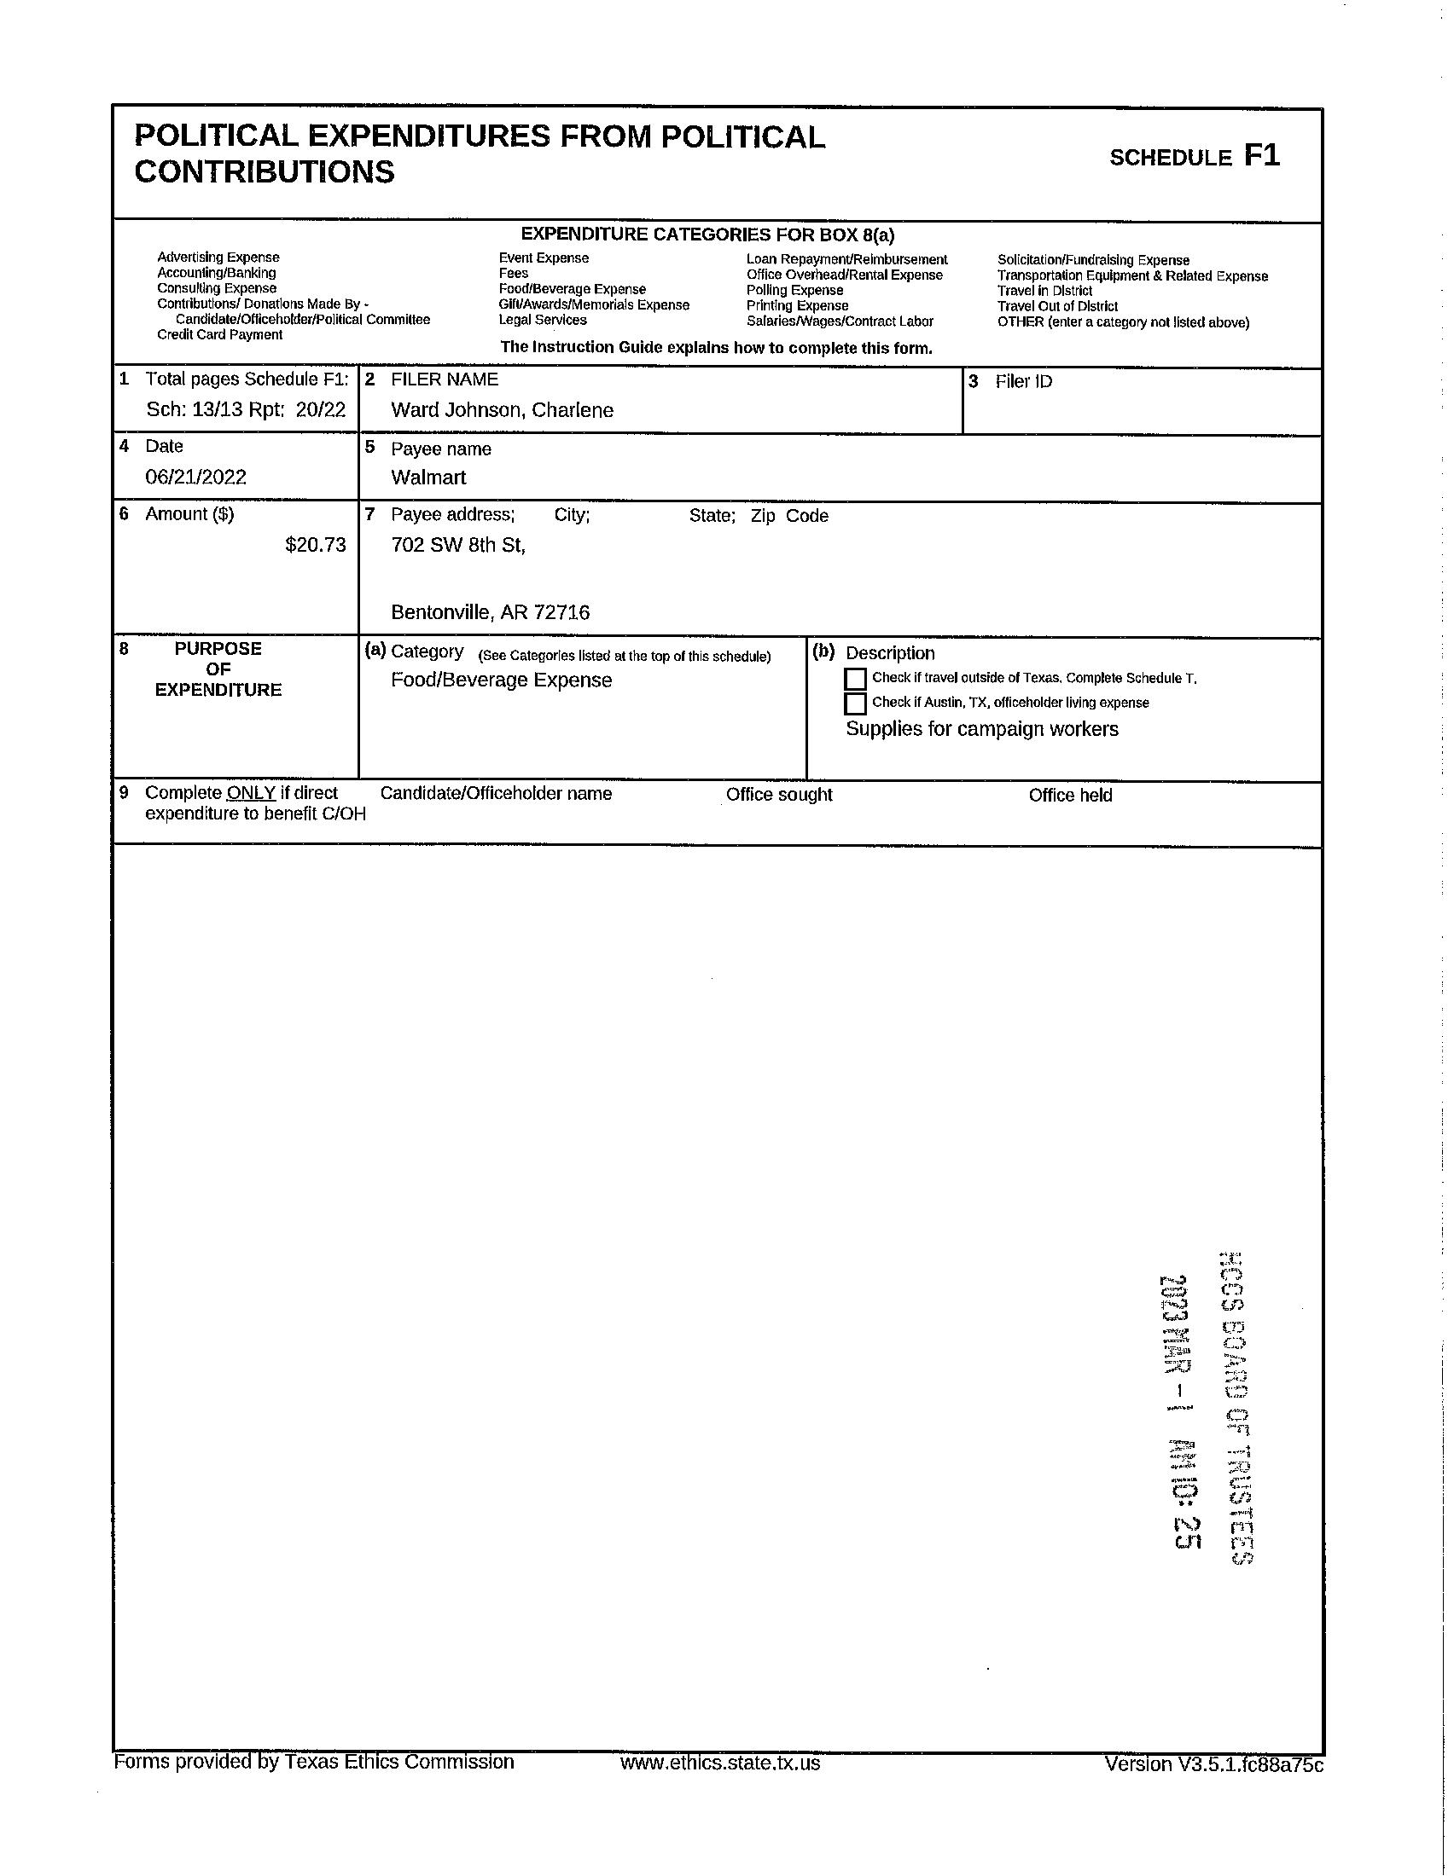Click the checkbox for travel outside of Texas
pos(855,679)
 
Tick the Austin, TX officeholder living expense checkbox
pos(855,703)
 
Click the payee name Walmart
pos(428,478)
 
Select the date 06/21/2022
pos(196,478)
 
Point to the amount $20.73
pos(316,545)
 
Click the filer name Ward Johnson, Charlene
pos(502,411)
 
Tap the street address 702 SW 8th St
pos(457,545)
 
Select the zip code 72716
pos(561,612)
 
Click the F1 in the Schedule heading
pos(1261,155)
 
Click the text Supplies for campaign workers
pos(981,729)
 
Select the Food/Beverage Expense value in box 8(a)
pos(501,680)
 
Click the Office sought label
pos(778,795)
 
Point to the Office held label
pos(1070,796)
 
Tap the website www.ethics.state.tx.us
pos(719,1763)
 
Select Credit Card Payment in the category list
pos(219,335)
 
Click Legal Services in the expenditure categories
pos(542,321)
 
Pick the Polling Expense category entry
pos(794,290)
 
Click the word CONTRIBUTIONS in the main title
pos(265,171)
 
